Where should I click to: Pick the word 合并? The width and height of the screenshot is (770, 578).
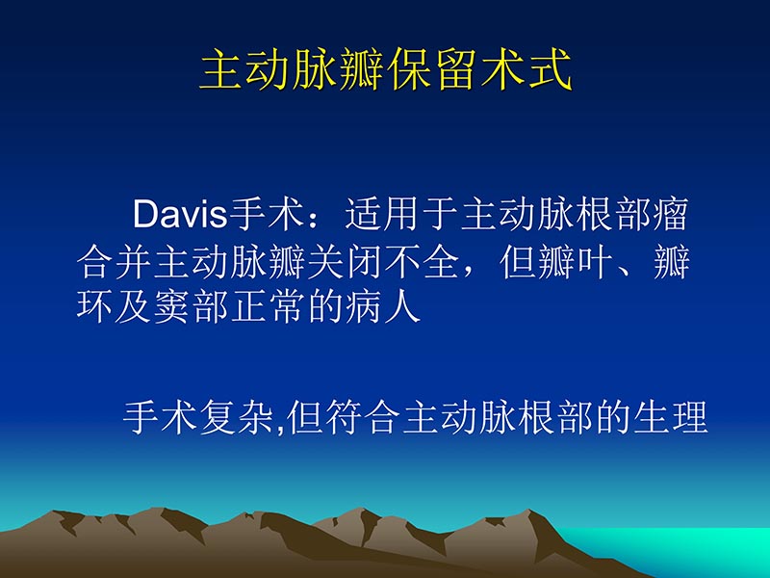[x=113, y=263]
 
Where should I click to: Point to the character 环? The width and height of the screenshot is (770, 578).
[x=94, y=307]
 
